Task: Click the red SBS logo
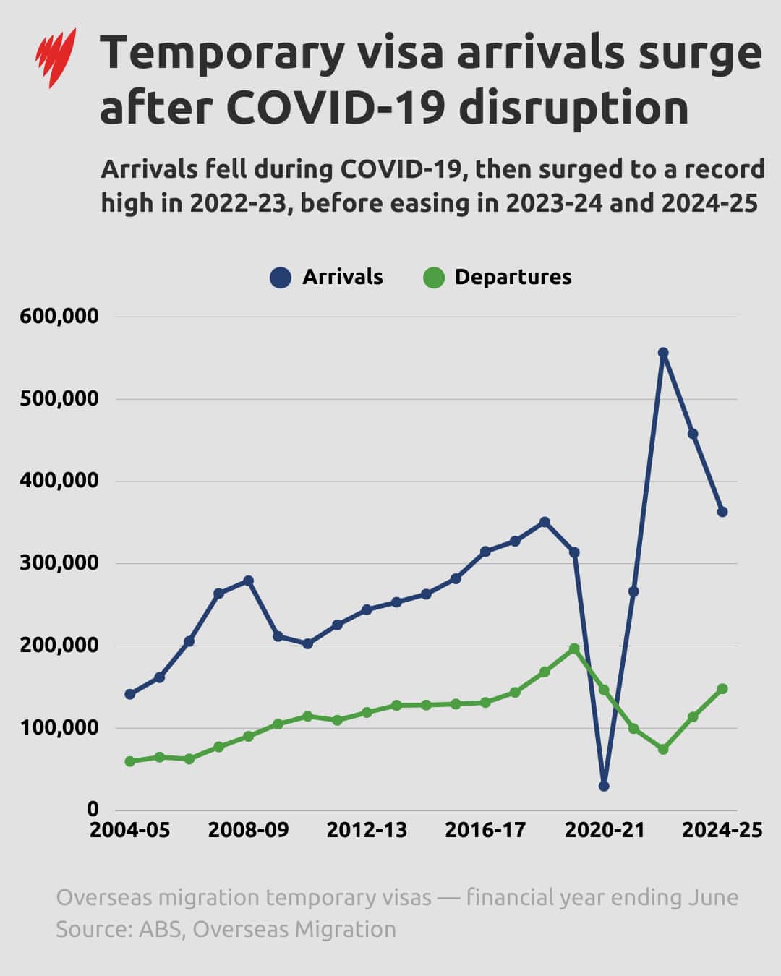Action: pyautogui.click(x=56, y=57)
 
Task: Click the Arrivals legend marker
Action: pyautogui.click(x=281, y=278)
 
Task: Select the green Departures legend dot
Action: pyautogui.click(x=433, y=278)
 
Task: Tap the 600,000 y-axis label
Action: pyautogui.click(x=59, y=317)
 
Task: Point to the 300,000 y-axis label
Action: pyautogui.click(x=59, y=563)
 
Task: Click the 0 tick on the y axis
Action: pyautogui.click(x=93, y=809)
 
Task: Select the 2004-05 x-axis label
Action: pyautogui.click(x=129, y=830)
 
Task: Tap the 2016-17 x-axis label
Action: pyautogui.click(x=485, y=830)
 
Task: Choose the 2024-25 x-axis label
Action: pyautogui.click(x=722, y=830)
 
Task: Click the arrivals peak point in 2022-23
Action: pyautogui.click(x=663, y=353)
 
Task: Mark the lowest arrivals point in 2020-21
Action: pyautogui.click(x=604, y=786)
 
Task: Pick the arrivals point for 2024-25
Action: pyautogui.click(x=722, y=512)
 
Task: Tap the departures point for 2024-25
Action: pyautogui.click(x=722, y=689)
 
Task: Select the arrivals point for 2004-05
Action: pyautogui.click(x=130, y=694)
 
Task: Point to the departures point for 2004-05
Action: pyautogui.click(x=130, y=761)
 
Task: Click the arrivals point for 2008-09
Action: pyautogui.click(x=248, y=581)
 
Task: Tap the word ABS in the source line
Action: pyautogui.click(x=159, y=929)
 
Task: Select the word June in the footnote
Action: pyautogui.click(x=712, y=897)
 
